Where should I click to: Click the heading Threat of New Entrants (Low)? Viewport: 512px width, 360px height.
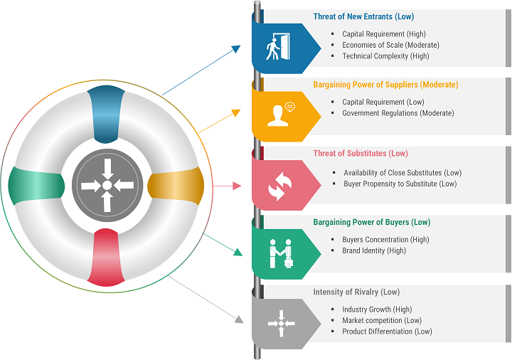pos(363,16)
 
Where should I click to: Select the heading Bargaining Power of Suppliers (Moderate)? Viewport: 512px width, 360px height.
pos(385,85)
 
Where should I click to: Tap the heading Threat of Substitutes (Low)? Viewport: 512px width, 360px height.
pos(361,153)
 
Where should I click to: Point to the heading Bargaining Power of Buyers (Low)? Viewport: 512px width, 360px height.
pos(372,222)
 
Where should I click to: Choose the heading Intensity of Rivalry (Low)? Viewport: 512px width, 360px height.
pos(356,292)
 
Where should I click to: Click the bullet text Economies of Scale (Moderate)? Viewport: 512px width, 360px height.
pos(390,45)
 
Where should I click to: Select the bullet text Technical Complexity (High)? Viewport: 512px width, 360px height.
pos(385,56)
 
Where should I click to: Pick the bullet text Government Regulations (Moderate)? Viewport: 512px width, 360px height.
pos(398,113)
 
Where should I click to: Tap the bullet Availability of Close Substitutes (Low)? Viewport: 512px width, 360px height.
pos(402,173)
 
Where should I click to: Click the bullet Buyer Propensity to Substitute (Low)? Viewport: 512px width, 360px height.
pos(400,184)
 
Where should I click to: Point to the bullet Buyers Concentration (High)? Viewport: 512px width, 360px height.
pos(385,240)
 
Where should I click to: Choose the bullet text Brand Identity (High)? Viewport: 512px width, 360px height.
pos(374,251)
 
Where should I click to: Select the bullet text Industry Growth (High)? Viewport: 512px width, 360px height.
pos(377,309)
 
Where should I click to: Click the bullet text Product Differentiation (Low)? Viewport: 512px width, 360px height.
pos(387,332)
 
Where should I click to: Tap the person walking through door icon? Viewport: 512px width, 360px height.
pos(278,47)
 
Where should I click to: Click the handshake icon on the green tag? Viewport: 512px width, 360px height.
pos(281,254)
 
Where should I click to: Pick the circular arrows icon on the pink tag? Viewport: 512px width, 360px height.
pos(279,186)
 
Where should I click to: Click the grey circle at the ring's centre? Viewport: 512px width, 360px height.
pos(107,186)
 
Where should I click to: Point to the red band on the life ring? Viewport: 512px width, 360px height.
pos(106,258)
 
